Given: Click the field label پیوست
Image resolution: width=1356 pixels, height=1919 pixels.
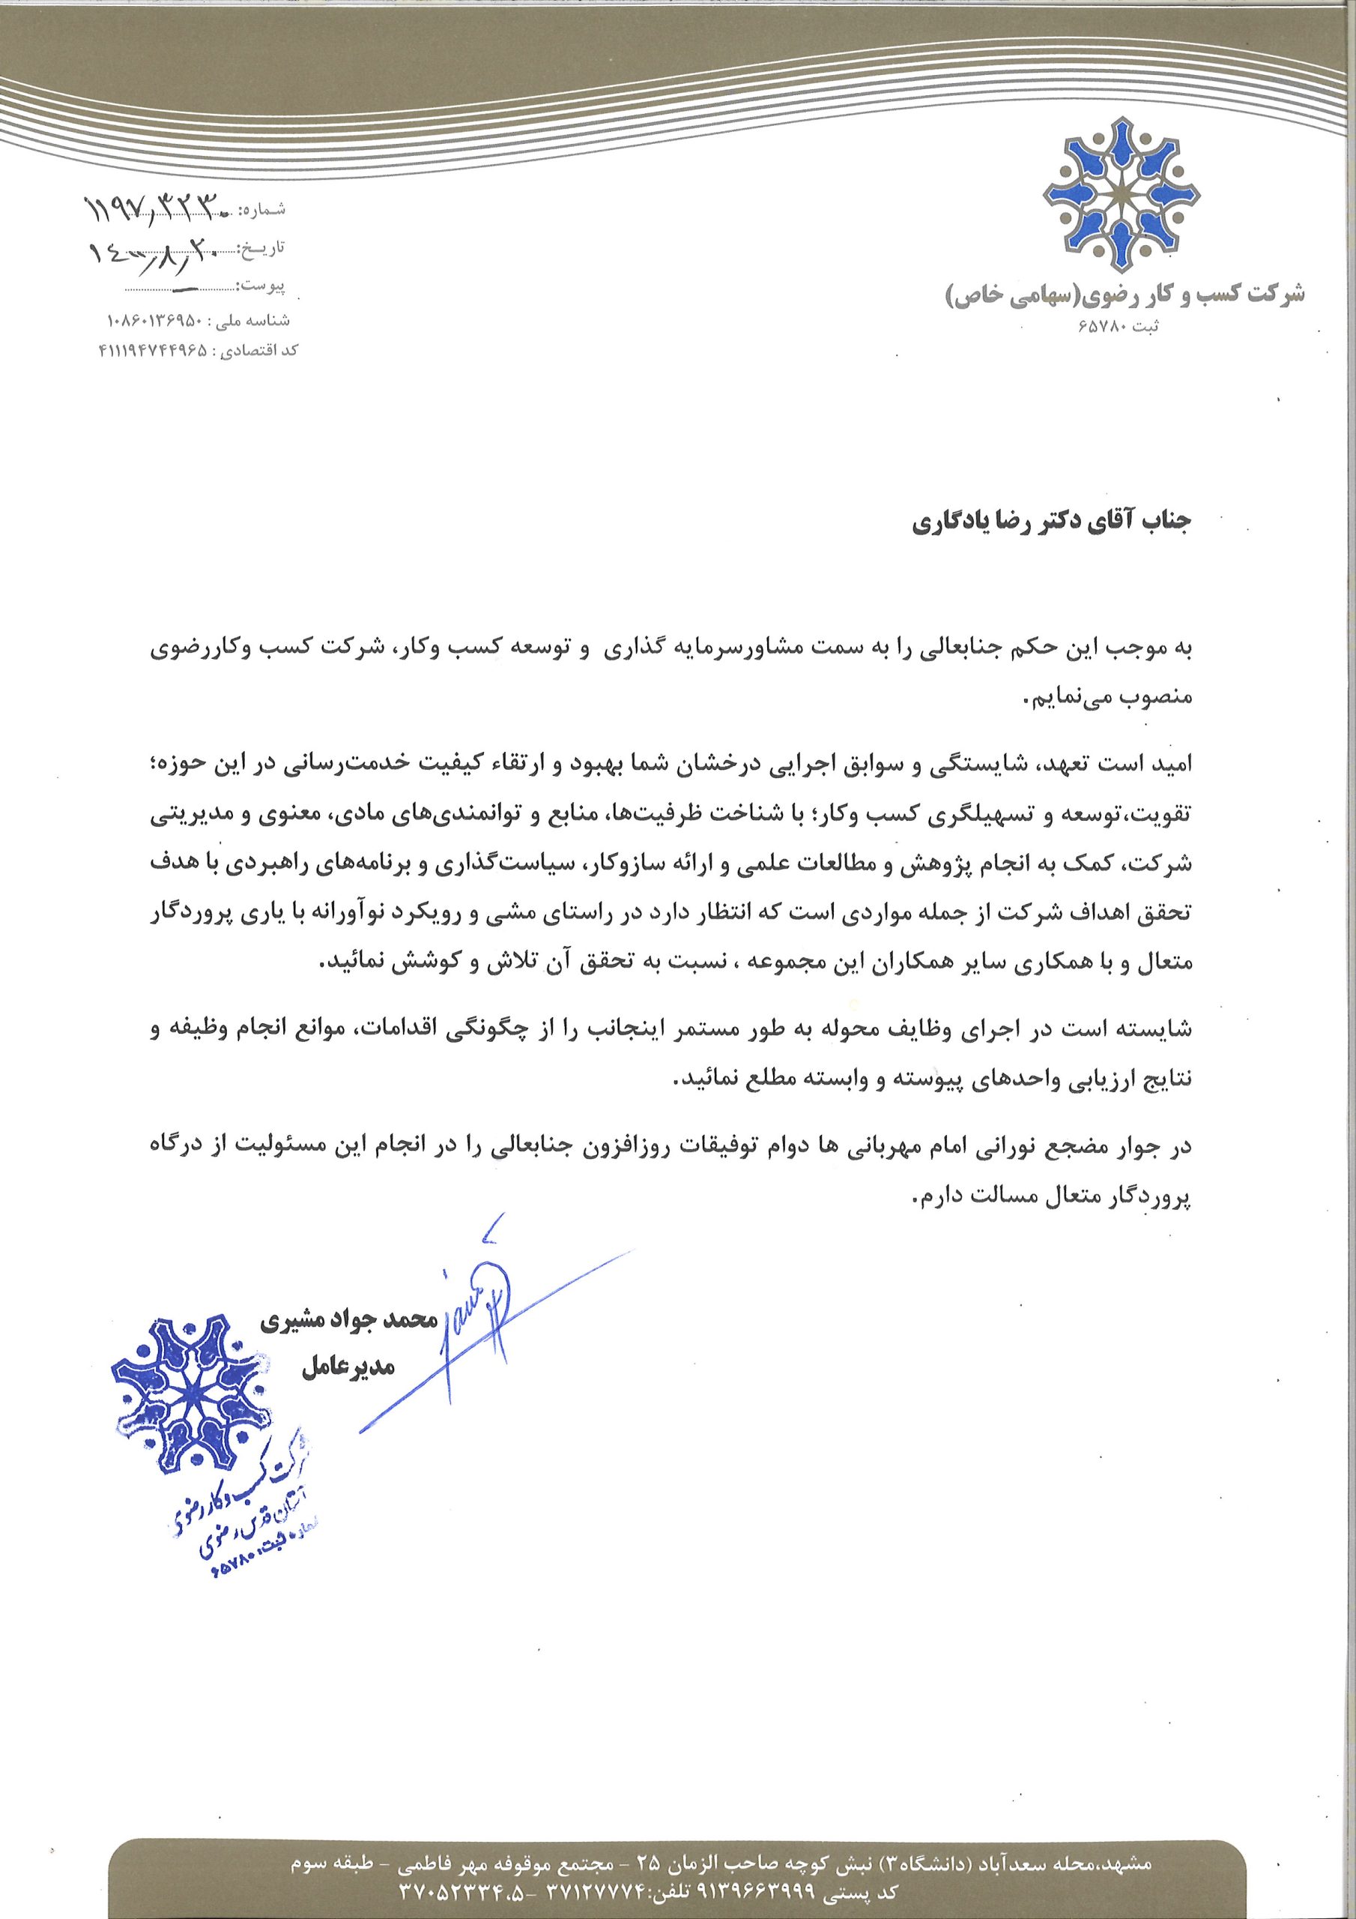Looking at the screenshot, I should [267, 286].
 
